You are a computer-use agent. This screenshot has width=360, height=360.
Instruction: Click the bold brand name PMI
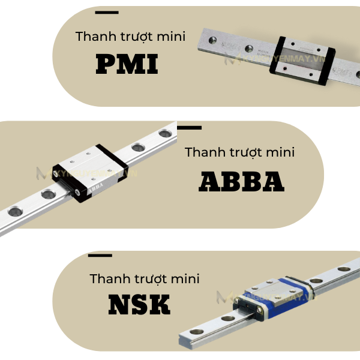coord(127,64)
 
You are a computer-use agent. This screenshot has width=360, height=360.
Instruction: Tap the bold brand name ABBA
coord(241,181)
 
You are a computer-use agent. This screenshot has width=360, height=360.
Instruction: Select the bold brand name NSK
coord(139,304)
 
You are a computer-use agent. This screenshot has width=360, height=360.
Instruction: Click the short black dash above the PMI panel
coord(107,12)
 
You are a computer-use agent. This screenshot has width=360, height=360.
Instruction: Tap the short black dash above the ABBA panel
coord(190,127)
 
